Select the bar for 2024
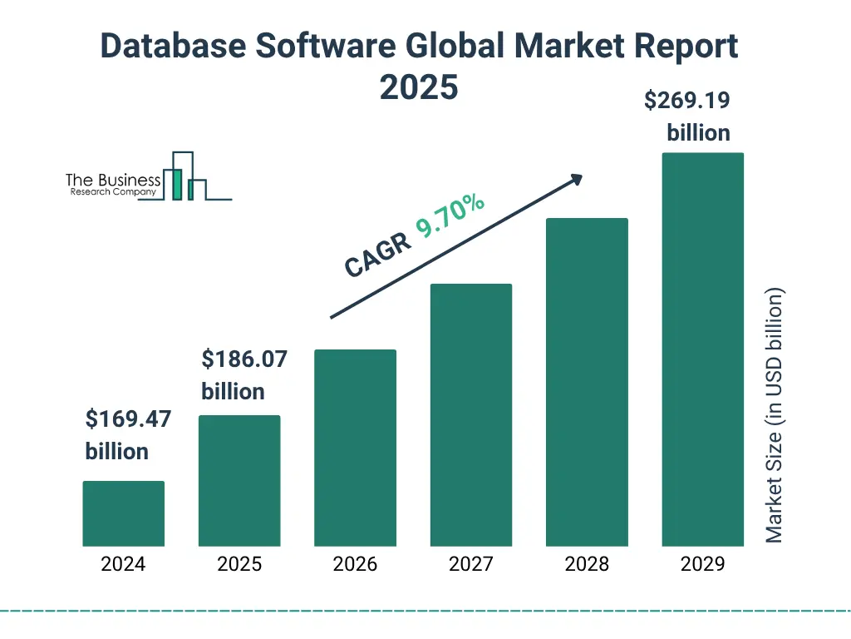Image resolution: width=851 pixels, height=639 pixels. [124, 513]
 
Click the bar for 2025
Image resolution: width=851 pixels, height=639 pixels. [239, 481]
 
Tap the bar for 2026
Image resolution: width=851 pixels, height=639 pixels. [355, 448]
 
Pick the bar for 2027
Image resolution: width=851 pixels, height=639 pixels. [471, 415]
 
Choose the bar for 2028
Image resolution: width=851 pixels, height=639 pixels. [587, 382]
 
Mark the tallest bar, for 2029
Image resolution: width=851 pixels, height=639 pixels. [702, 349]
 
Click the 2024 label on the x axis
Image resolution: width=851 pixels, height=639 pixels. [124, 564]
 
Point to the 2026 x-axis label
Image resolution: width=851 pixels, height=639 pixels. [355, 564]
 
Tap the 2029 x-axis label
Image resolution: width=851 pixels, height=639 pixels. [702, 564]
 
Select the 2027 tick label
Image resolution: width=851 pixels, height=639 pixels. [471, 564]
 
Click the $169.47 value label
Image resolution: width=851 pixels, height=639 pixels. [128, 419]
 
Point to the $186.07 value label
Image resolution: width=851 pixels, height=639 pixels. [244, 359]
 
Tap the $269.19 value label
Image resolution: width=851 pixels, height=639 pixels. [687, 101]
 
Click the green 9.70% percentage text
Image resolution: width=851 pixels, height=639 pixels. [450, 215]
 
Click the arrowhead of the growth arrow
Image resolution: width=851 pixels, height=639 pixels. [576, 179]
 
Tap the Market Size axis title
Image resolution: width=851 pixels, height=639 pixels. [775, 415]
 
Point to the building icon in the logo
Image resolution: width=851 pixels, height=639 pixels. [184, 176]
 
